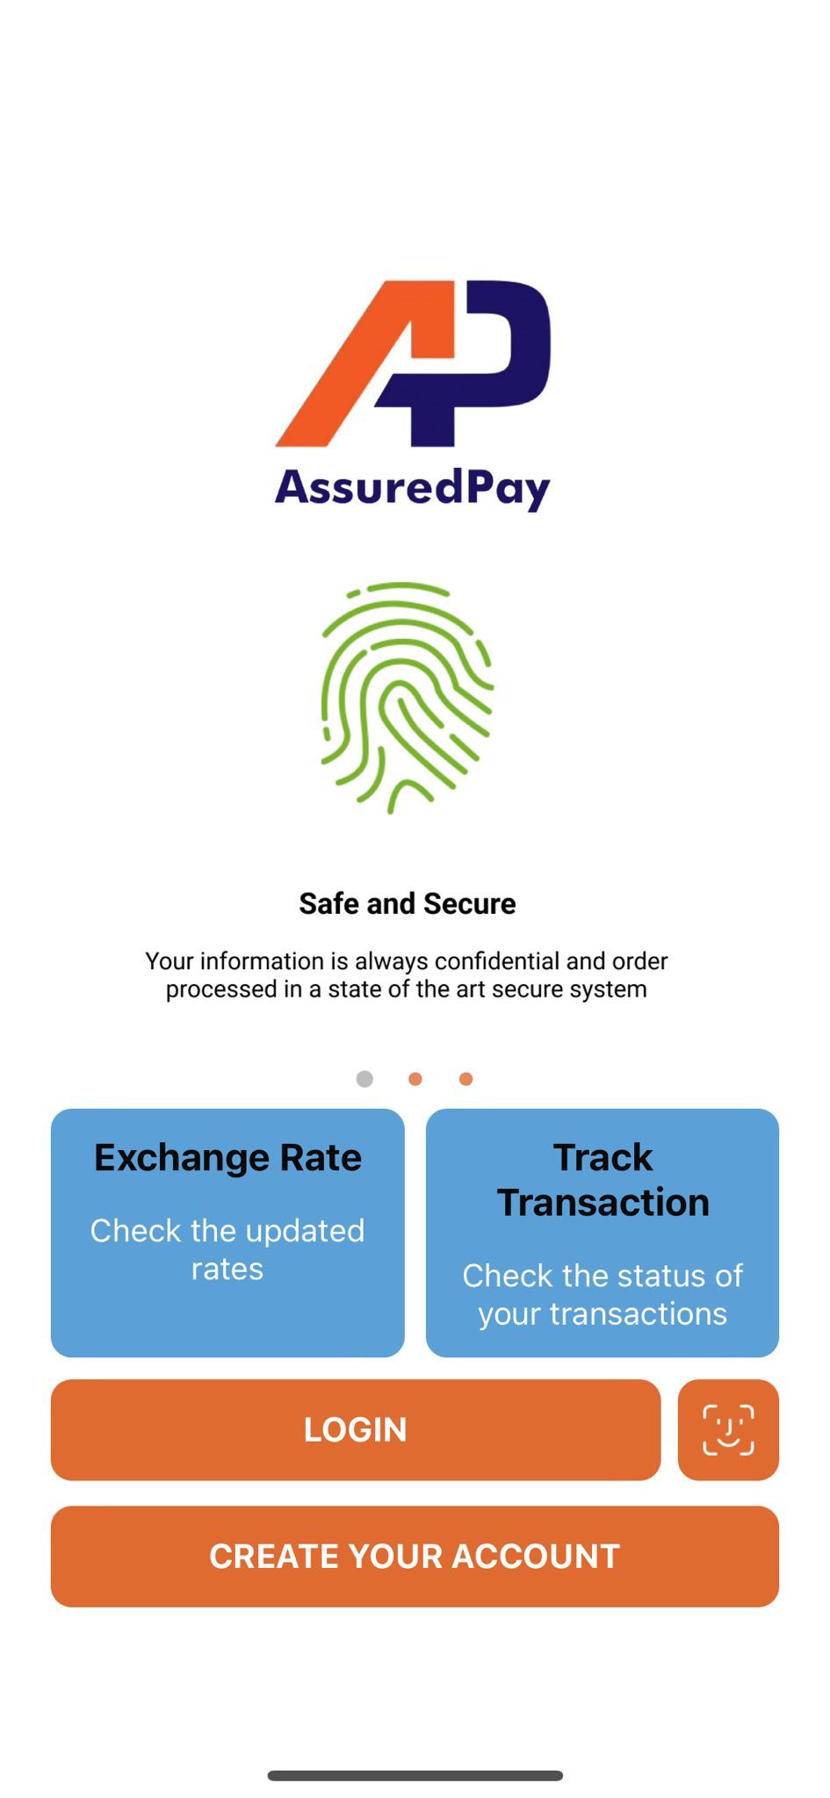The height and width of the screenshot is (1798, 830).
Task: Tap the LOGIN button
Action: click(x=356, y=1429)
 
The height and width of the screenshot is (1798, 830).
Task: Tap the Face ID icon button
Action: click(x=728, y=1429)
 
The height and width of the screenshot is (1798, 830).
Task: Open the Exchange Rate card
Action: click(x=227, y=1233)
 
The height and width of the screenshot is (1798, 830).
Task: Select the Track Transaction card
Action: click(x=603, y=1233)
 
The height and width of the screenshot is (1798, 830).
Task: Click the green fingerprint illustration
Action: click(x=407, y=698)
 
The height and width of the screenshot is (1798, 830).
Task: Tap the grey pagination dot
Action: click(x=364, y=1079)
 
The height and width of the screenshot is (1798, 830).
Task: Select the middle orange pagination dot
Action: click(x=415, y=1079)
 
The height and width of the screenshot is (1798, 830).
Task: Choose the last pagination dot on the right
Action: click(x=466, y=1079)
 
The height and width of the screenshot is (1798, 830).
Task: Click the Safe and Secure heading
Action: click(x=408, y=903)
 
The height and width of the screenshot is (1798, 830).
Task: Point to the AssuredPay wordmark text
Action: click(x=413, y=487)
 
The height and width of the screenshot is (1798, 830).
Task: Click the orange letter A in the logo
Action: click(x=364, y=363)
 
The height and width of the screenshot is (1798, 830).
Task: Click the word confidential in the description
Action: click(x=496, y=960)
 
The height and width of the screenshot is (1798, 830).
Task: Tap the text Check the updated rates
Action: click(x=227, y=1249)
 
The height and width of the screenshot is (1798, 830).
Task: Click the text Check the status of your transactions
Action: click(x=603, y=1294)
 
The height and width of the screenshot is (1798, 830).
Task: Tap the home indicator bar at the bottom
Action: click(x=415, y=1775)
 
